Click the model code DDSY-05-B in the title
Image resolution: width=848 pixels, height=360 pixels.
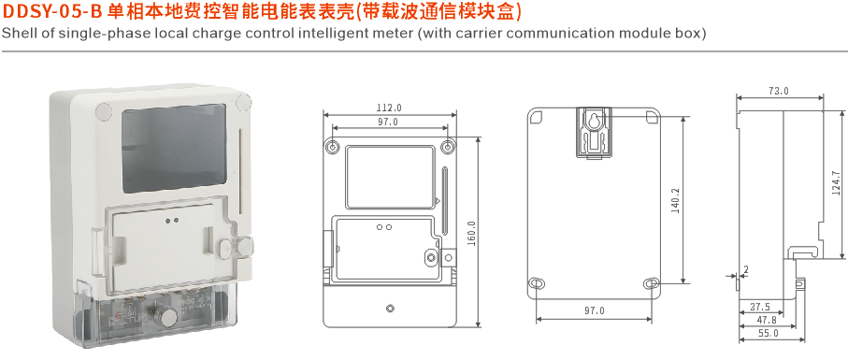[51, 13]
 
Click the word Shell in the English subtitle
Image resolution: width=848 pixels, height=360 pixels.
[20, 34]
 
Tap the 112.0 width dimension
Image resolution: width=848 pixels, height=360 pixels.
[389, 108]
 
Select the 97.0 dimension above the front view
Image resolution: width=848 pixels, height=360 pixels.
[388, 122]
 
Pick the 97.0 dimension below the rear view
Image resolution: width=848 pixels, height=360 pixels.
[595, 310]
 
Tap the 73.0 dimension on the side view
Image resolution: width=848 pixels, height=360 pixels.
[778, 92]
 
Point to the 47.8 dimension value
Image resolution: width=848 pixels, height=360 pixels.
[766, 320]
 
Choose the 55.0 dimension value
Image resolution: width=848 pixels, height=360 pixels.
[768, 333]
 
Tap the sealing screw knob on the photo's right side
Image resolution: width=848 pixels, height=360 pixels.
[236, 249]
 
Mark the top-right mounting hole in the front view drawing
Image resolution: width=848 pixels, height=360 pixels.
[448, 148]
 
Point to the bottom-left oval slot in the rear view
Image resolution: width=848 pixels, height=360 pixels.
[538, 283]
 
